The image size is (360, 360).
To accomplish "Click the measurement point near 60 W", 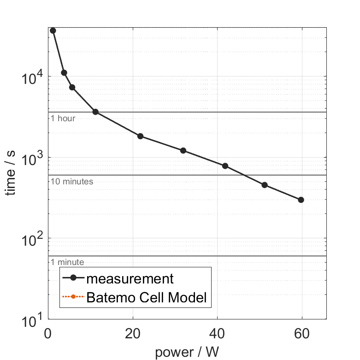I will pos(301,200).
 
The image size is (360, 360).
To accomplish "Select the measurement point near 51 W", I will pos(265,185).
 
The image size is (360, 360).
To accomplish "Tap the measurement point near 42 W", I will pos(225,166).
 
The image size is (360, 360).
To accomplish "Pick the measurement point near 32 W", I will pos(183,151).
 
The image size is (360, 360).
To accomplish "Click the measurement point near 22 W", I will pos(141,136).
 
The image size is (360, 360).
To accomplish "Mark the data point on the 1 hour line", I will pos(95,112).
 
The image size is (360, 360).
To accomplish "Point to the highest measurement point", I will pos(53,30).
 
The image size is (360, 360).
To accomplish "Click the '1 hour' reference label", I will pos(63,118).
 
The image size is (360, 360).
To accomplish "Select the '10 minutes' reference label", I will pos(72,182).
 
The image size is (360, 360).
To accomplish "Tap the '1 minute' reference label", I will pos(67,262).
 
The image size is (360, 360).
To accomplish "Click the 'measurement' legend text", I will pos(130,278).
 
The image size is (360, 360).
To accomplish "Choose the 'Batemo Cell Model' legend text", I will pos(147,298).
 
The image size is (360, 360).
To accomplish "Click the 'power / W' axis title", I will pos(187,352).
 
